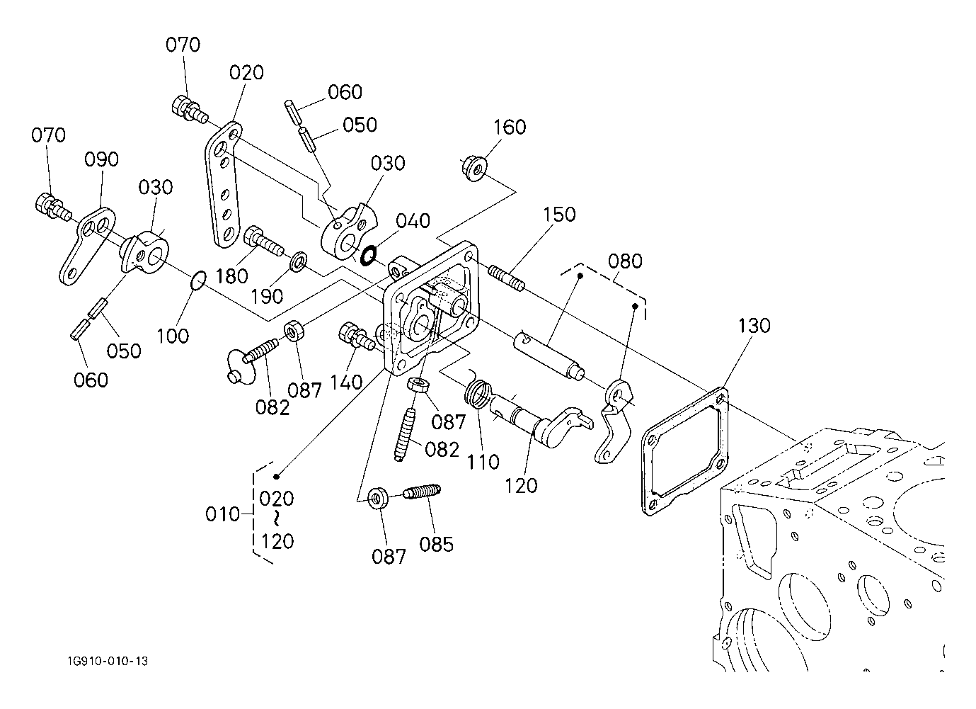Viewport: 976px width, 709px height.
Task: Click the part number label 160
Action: point(510,127)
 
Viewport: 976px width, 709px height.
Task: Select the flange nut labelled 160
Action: point(473,169)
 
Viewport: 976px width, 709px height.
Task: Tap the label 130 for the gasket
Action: point(754,326)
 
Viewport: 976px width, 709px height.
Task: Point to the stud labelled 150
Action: point(506,277)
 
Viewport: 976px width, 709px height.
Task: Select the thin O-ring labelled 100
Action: point(199,280)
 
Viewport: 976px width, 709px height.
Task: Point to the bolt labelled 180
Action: point(263,241)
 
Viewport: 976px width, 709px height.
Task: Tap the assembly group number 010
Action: point(223,514)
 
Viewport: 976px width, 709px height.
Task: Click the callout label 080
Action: point(625,261)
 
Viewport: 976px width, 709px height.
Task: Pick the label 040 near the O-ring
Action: point(413,220)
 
